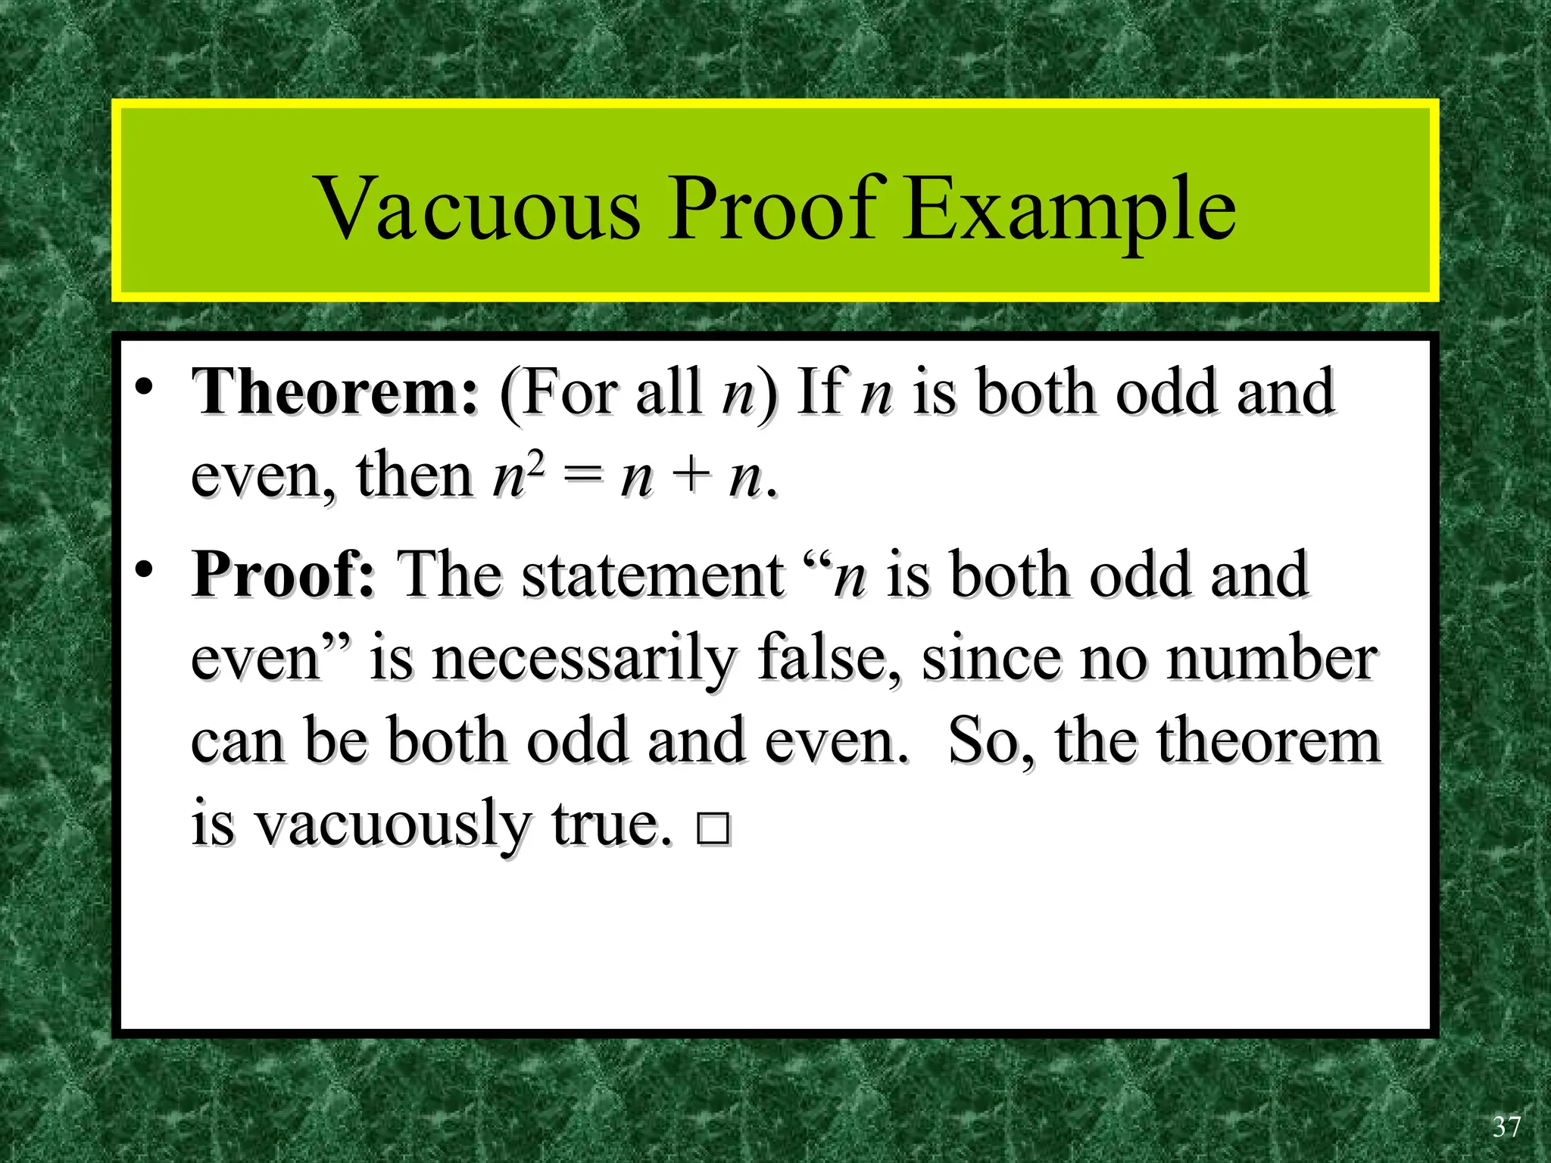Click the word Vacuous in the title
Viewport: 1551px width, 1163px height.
click(479, 208)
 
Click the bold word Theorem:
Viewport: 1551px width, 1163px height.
click(335, 392)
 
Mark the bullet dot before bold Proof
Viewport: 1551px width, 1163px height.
click(145, 570)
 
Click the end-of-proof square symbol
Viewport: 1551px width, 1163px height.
click(713, 829)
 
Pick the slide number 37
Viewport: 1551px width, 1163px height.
click(1506, 1127)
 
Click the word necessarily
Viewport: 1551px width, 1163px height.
click(583, 659)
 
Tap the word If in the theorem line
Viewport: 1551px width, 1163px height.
click(822, 392)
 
